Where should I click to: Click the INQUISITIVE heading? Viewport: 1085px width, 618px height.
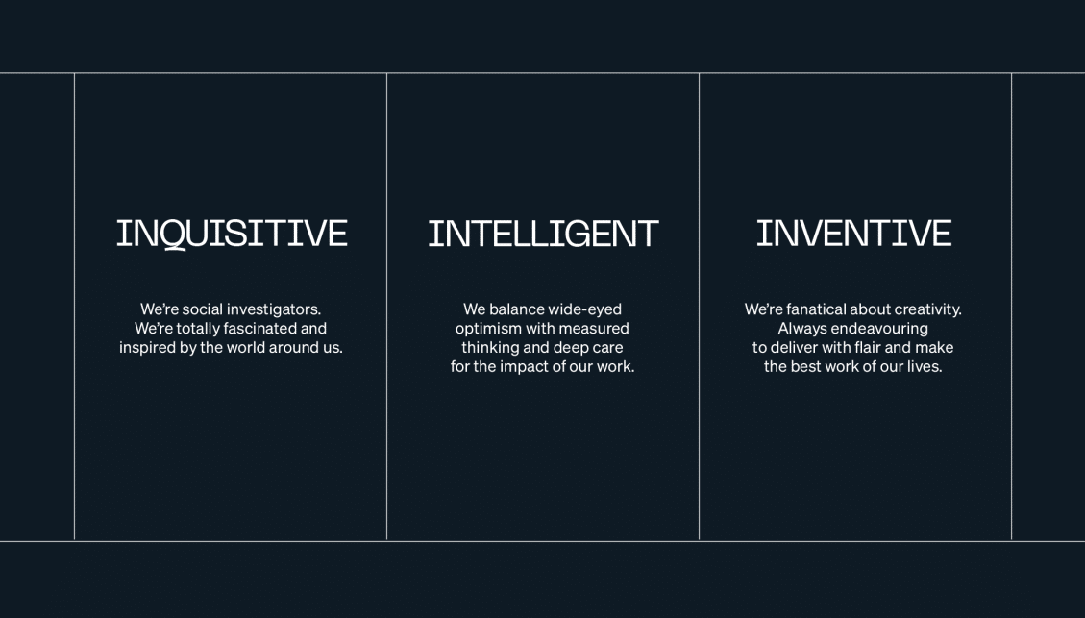tap(232, 234)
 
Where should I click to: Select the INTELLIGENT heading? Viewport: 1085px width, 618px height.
tap(543, 234)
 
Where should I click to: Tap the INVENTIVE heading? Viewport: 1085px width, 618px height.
tap(854, 233)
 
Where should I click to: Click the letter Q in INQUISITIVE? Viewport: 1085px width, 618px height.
tap(174, 235)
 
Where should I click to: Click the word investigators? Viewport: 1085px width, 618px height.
tap(274, 310)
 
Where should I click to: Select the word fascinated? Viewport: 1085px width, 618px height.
tap(263, 328)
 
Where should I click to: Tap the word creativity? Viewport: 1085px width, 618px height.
tap(928, 310)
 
